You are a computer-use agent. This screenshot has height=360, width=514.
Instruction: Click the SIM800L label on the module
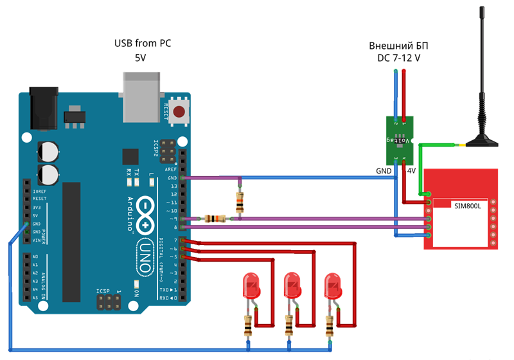point(468,206)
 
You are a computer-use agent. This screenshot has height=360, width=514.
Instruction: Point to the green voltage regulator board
point(399,139)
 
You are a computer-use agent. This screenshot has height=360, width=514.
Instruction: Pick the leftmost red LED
point(250,286)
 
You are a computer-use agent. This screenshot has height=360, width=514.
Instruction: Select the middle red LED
point(292,286)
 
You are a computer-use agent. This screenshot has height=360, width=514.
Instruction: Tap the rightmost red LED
point(333,286)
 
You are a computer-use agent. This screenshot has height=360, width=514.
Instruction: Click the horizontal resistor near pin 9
point(215,219)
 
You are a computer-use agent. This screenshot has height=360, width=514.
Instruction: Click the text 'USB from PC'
point(143,44)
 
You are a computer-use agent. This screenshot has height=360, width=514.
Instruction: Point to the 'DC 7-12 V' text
point(398,59)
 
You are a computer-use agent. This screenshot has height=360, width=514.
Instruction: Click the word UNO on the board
point(148,248)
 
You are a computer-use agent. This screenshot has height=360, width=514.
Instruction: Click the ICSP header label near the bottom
point(103,291)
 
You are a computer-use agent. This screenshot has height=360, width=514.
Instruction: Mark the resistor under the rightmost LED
point(330,326)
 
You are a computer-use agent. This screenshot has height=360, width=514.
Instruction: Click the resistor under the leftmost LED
point(248,326)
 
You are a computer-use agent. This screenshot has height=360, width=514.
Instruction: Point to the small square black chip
point(130,157)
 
